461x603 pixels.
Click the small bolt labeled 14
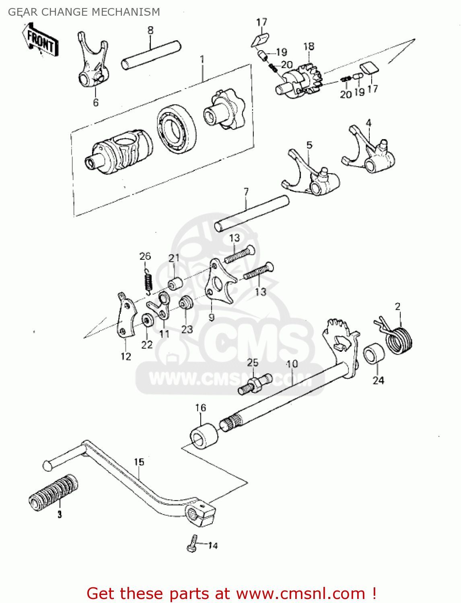tap(193, 544)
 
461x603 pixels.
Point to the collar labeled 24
tap(374, 354)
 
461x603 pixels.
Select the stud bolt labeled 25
tap(255, 384)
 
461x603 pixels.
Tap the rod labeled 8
tap(151, 55)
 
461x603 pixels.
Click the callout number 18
tap(309, 47)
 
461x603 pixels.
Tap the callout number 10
tap(292, 364)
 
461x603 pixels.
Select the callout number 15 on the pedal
tap(139, 462)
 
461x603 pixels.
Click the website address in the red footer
tap(300, 593)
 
